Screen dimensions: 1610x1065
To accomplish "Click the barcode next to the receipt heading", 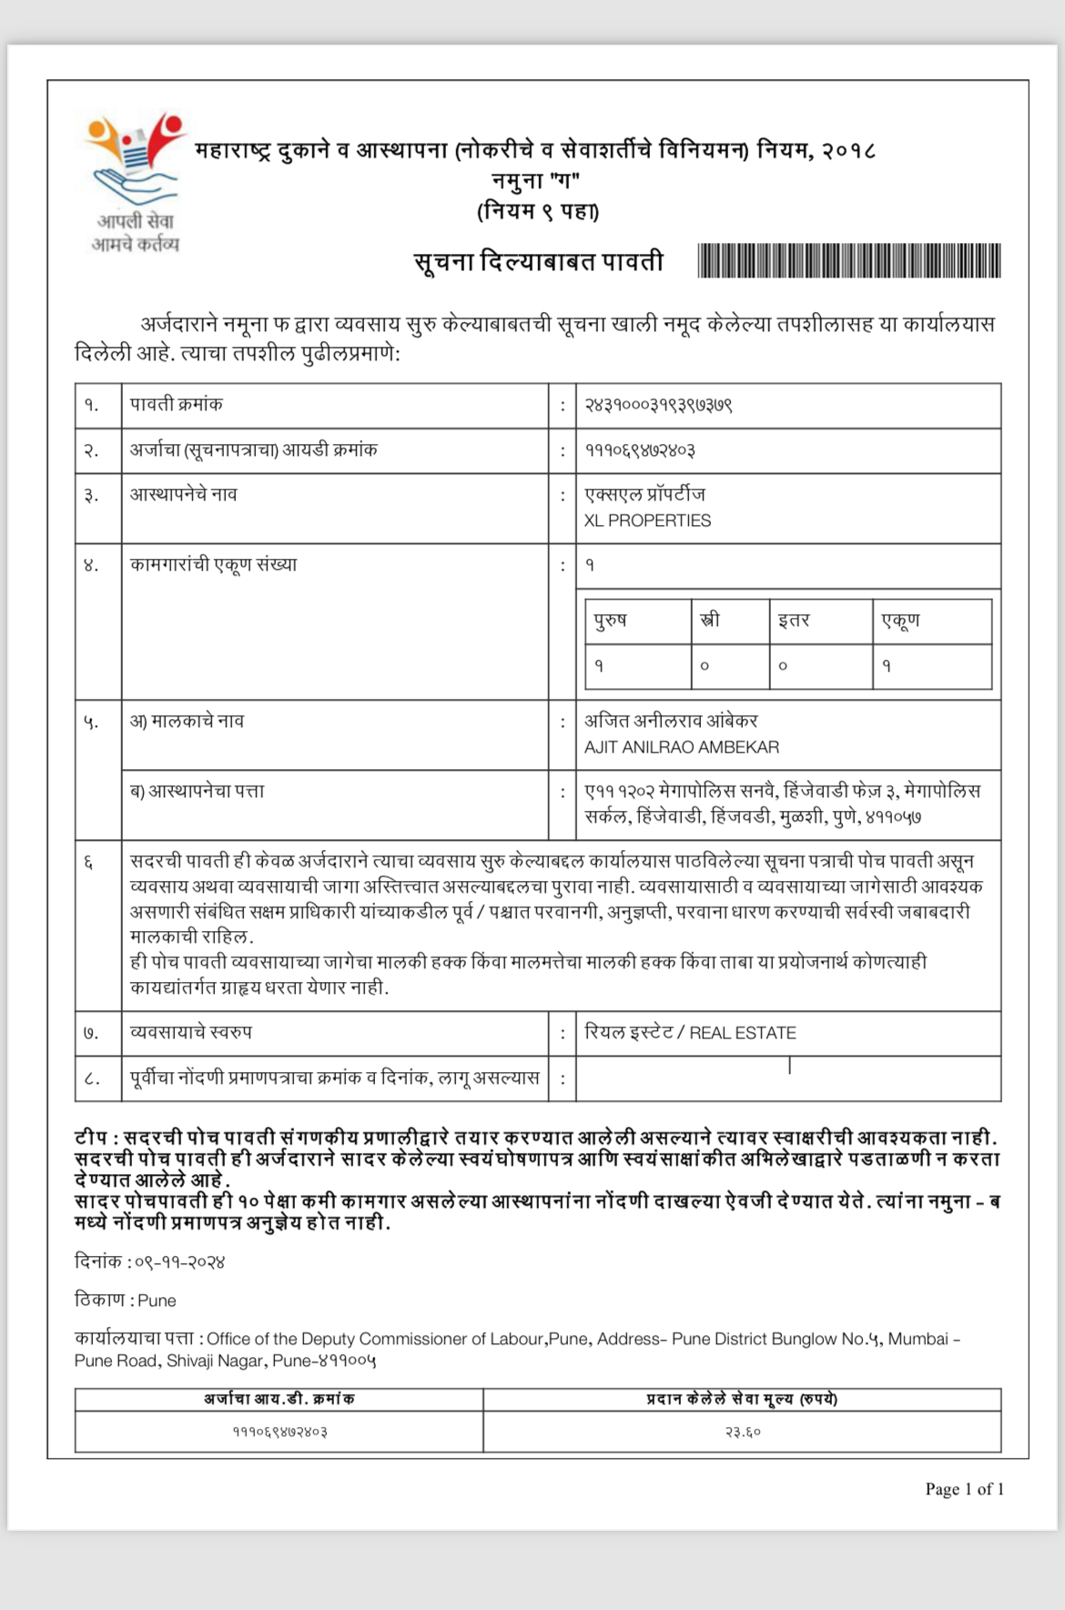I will pyautogui.click(x=848, y=261).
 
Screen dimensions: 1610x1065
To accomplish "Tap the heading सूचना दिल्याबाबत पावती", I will pyautogui.click(x=539, y=262).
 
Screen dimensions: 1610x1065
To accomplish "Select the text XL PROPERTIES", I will pyautogui.click(x=647, y=521).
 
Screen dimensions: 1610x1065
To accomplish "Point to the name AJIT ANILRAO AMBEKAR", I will pyautogui.click(x=682, y=747).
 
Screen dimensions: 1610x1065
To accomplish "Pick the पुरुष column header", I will pyautogui.click(x=611, y=621).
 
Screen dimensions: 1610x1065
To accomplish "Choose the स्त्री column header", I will pyautogui.click(x=710, y=621).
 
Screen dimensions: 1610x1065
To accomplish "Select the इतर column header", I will pyautogui.click(x=794, y=621).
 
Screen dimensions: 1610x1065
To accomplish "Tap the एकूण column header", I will pyautogui.click(x=900, y=621).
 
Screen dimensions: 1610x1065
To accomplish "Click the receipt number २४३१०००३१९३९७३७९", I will pyautogui.click(x=659, y=405).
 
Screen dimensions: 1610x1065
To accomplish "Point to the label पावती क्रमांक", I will pyautogui.click(x=176, y=404).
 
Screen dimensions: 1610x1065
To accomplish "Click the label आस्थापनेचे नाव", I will pyautogui.click(x=183, y=494).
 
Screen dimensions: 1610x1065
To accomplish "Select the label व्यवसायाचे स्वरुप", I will pyautogui.click(x=191, y=1032).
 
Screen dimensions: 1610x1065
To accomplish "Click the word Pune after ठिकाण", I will pyautogui.click(x=157, y=1301).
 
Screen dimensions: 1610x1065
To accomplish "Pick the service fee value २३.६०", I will pyautogui.click(x=743, y=1432).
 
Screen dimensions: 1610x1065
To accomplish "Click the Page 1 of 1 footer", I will pyautogui.click(x=964, y=1489).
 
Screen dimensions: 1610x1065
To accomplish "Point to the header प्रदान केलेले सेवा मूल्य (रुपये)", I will pyautogui.click(x=742, y=1399).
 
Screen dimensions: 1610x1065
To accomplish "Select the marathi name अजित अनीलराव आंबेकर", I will pyautogui.click(x=671, y=721).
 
